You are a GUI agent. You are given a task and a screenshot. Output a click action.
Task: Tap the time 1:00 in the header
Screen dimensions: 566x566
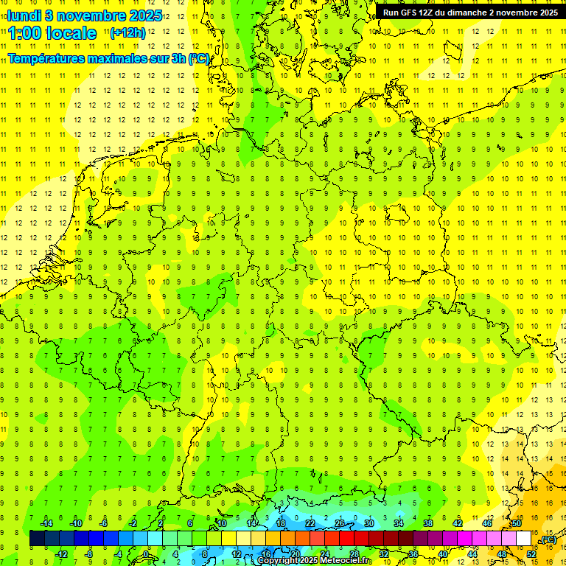[x=27, y=33]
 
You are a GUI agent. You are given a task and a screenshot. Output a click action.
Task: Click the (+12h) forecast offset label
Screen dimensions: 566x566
[x=127, y=32]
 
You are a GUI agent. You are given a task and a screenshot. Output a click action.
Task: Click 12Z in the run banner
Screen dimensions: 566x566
[x=431, y=13]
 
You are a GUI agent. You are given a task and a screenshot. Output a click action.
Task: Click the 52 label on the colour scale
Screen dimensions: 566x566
[x=531, y=554]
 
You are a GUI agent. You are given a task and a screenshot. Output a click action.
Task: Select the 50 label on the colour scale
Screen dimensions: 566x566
[x=517, y=523]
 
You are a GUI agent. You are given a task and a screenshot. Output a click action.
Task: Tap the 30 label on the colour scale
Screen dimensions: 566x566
[x=368, y=523]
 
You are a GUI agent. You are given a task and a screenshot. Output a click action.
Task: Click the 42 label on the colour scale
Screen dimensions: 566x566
[x=458, y=523]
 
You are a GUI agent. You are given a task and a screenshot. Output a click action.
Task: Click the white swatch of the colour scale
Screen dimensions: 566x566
[x=524, y=539]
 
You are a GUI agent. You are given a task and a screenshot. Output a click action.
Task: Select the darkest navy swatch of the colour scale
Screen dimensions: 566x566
[x=37, y=539]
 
